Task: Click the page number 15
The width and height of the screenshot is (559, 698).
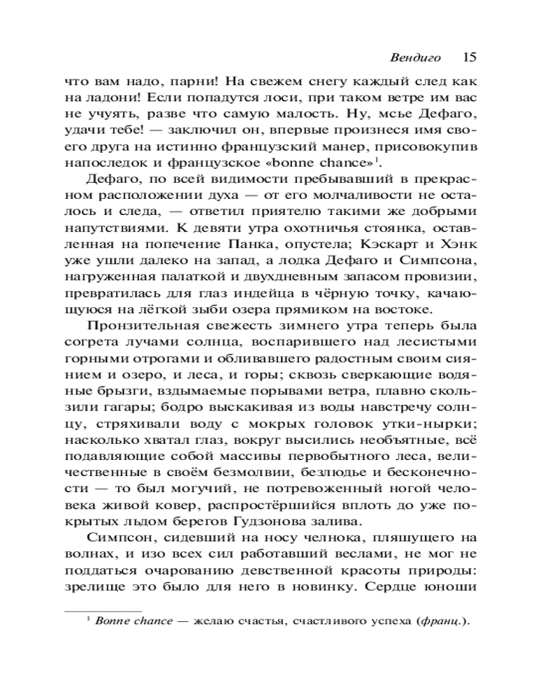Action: [x=469, y=57]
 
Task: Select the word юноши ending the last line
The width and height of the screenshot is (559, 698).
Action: [x=454, y=586]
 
